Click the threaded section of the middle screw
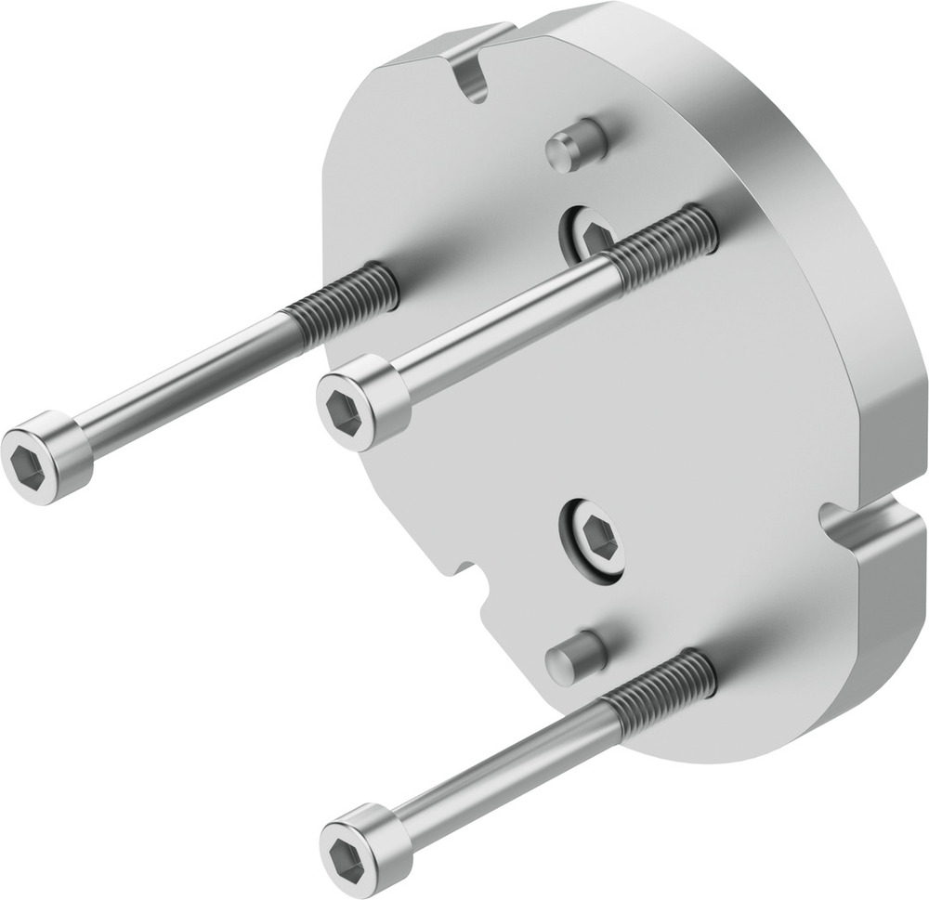point(664,246)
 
